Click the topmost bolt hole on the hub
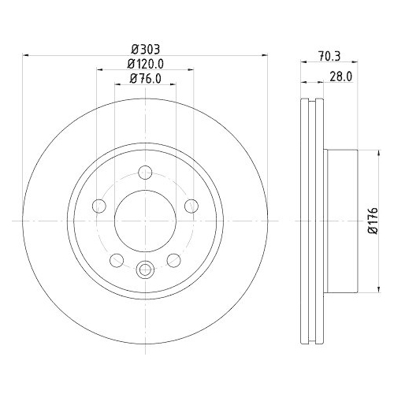pyautogui.click(x=145, y=173)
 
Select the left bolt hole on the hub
pyautogui.click(x=99, y=206)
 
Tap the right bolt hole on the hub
pyautogui.click(x=191, y=206)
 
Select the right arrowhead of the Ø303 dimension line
pyautogui.click(x=262, y=55)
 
